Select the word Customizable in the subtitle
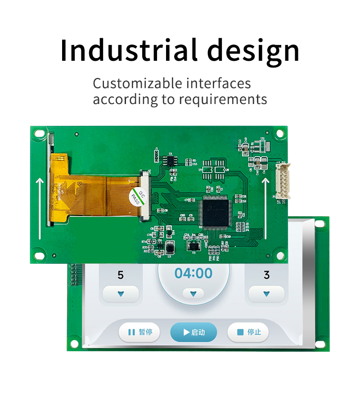coord(138,84)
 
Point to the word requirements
coord(223,99)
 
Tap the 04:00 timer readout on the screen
coord(193,273)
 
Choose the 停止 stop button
coord(248,332)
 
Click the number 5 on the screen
coord(120,275)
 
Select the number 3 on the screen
coord(266,275)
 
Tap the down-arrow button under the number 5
coord(121,294)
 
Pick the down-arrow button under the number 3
coord(266,294)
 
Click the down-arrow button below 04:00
coord(193,294)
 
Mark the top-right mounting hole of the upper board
coord(279,133)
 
